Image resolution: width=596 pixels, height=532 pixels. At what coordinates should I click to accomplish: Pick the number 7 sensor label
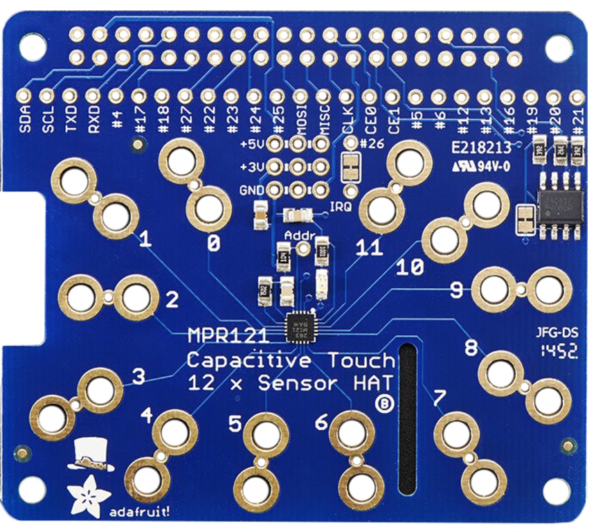click(x=438, y=398)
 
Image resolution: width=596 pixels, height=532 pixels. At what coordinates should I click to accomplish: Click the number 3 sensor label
click(x=138, y=378)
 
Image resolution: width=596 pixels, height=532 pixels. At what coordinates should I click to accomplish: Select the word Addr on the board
click(x=300, y=237)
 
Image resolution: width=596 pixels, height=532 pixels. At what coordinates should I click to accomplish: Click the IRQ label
click(x=339, y=206)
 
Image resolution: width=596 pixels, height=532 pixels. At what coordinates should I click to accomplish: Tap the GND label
click(x=250, y=188)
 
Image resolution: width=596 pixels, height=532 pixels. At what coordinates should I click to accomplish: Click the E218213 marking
click(x=480, y=148)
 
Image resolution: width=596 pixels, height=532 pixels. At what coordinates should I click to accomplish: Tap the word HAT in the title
click(x=377, y=382)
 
